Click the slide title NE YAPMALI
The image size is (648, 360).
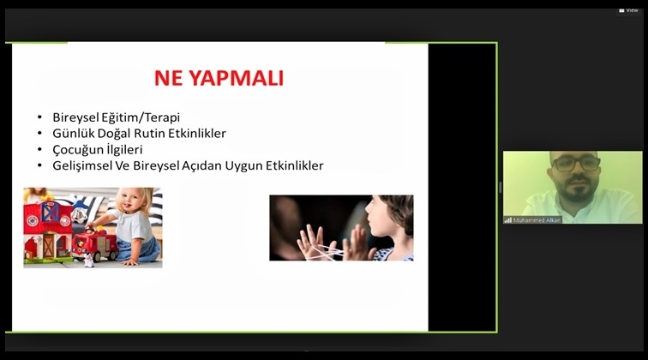(219, 79)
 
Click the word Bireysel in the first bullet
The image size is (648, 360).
(76, 117)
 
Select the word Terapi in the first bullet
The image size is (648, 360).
(159, 117)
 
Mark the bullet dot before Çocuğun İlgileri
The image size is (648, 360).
(39, 150)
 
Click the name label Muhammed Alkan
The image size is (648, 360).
(537, 220)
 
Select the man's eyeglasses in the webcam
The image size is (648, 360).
(576, 165)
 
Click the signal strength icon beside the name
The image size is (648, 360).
(507, 220)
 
